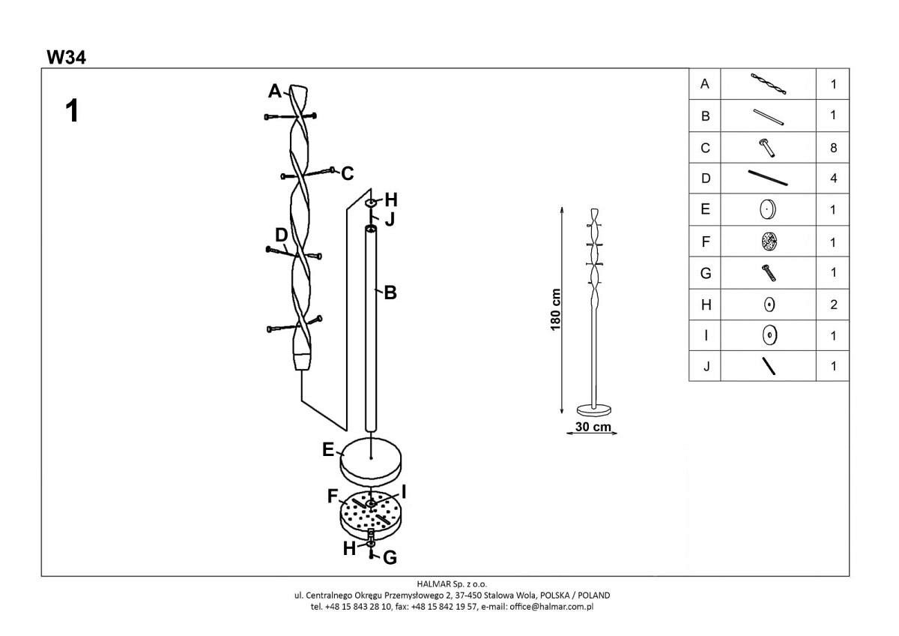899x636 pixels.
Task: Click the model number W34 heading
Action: click(x=66, y=58)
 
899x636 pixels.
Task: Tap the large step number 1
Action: click(x=72, y=110)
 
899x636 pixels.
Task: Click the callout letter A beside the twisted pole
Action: click(x=275, y=91)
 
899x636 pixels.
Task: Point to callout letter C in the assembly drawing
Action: click(x=348, y=173)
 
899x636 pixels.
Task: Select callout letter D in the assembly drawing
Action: click(x=282, y=235)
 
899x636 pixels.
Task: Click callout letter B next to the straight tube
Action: click(x=390, y=293)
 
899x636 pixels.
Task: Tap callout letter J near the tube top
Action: click(x=390, y=219)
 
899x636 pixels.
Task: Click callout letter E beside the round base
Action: click(x=328, y=449)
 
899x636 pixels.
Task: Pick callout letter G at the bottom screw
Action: click(x=390, y=558)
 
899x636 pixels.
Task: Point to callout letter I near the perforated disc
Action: click(x=403, y=492)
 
